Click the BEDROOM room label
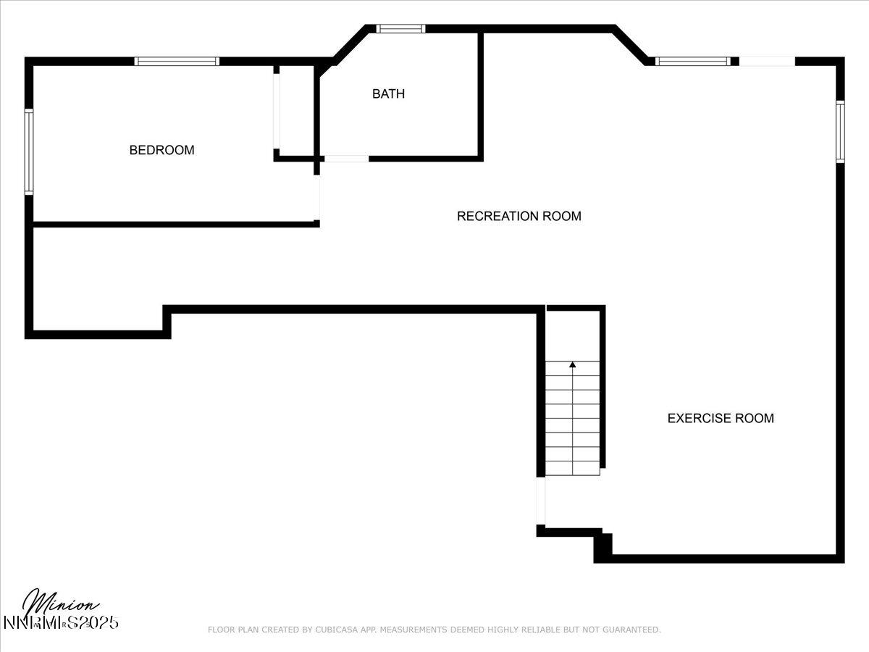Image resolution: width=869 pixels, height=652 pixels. (x=161, y=150)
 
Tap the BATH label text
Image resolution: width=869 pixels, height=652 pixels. (x=388, y=93)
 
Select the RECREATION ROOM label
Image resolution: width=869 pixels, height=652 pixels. (x=519, y=216)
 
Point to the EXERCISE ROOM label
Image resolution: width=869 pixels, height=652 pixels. (x=720, y=418)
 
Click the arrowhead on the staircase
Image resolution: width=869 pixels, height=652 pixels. (x=573, y=365)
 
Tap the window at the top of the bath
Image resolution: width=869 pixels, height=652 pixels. (x=400, y=29)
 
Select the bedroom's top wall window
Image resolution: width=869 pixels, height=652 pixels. (x=177, y=62)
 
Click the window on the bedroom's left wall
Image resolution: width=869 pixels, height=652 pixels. (x=29, y=151)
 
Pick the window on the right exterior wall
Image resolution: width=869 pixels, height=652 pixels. (x=840, y=132)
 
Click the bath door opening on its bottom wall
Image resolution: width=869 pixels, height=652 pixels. (x=345, y=158)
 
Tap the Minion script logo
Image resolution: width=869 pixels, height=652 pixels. (x=61, y=603)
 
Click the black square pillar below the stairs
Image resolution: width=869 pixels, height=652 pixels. (x=603, y=547)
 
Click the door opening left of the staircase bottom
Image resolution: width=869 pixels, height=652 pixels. (x=540, y=501)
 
